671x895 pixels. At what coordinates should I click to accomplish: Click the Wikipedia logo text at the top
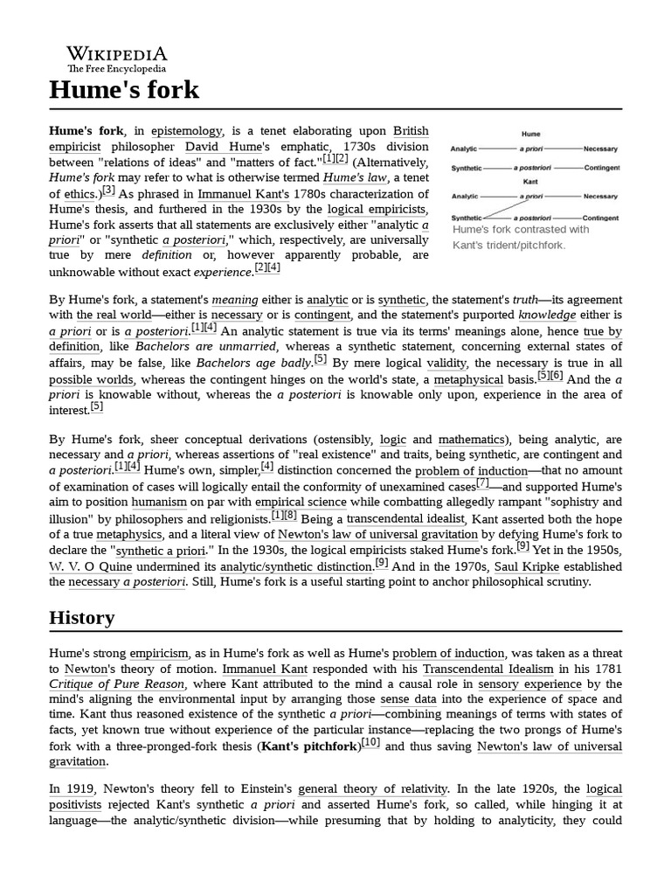point(117,53)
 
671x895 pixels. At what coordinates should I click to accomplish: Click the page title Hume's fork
point(124,89)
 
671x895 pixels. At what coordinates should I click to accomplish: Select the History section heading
point(81,617)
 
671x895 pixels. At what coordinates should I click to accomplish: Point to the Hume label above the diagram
point(530,135)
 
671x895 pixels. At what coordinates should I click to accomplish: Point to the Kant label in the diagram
point(530,182)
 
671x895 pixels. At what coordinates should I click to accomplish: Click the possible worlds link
point(92,379)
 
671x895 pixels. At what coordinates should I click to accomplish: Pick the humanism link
point(159,502)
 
